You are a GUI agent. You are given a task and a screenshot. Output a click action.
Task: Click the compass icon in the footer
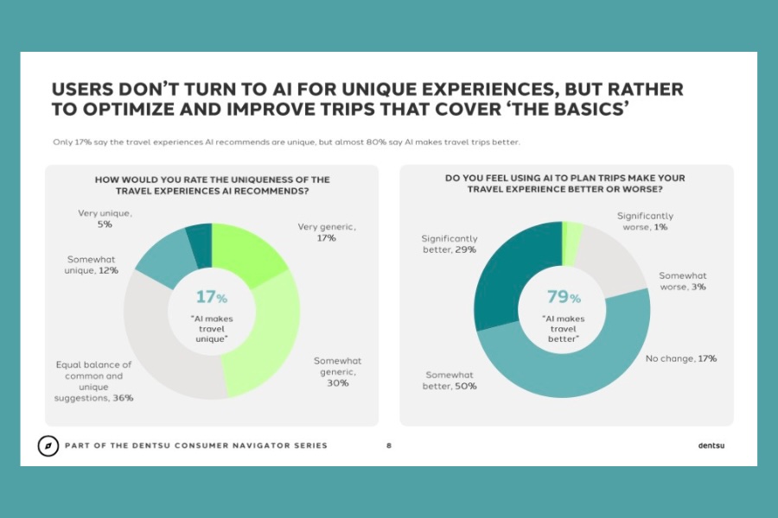point(48,445)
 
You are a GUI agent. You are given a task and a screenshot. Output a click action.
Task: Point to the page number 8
point(389,446)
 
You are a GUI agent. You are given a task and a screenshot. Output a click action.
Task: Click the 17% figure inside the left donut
point(211,297)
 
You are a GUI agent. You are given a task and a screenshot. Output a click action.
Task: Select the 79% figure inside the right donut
point(562,297)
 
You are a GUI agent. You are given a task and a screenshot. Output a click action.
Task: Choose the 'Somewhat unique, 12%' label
point(92,264)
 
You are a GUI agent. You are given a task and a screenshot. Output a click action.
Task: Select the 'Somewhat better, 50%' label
point(450,381)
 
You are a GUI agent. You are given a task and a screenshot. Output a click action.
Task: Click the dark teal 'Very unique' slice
point(201,235)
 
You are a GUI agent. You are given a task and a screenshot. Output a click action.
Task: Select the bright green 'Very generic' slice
point(246,250)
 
